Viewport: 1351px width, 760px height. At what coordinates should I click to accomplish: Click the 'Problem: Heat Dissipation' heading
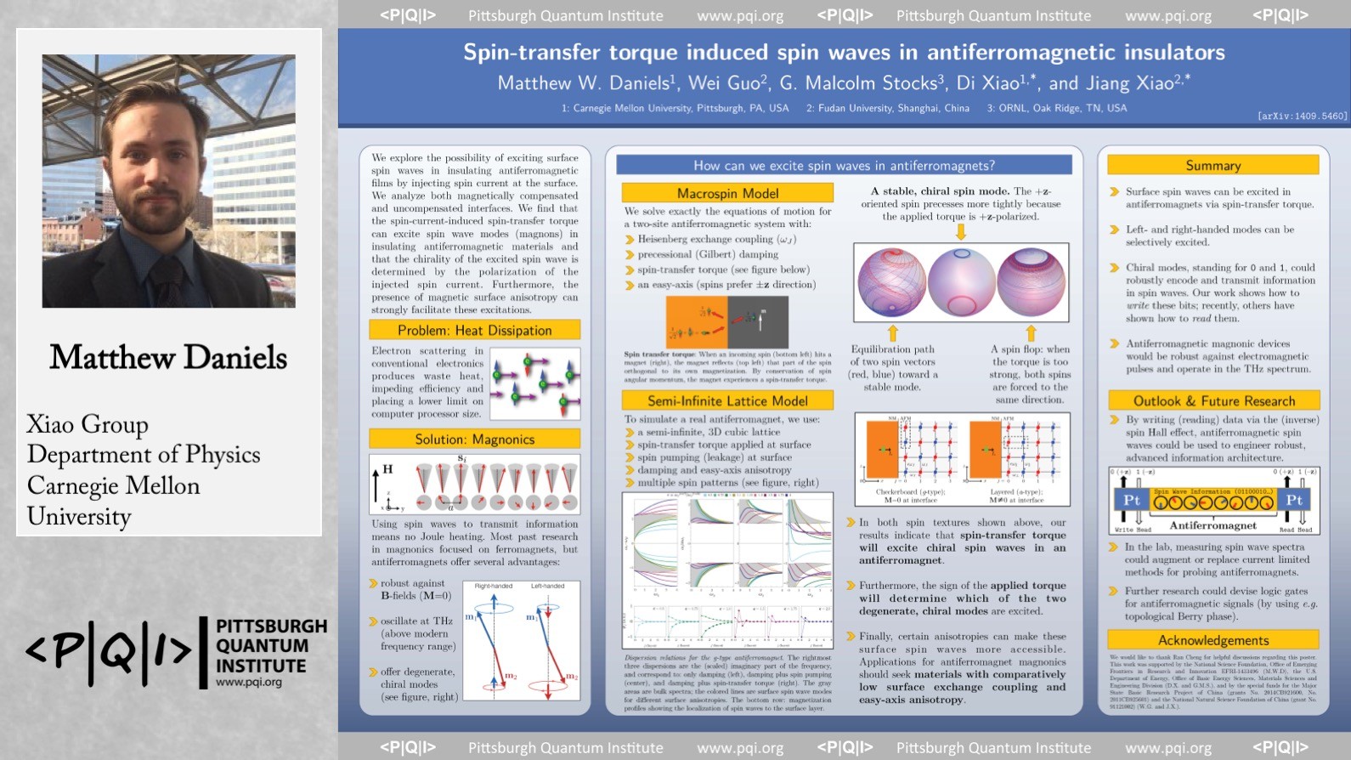pyautogui.click(x=474, y=330)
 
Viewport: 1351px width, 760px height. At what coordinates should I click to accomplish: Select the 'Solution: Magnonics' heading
pyautogui.click(x=474, y=439)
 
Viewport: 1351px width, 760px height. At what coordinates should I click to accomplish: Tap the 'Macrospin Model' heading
pyautogui.click(x=727, y=193)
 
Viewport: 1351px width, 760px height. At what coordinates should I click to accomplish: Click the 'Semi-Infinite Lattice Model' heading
pyautogui.click(x=727, y=400)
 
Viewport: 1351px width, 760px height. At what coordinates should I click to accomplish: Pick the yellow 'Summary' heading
pyautogui.click(x=1213, y=165)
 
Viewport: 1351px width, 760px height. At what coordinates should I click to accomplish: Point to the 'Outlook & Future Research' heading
pyautogui.click(x=1213, y=400)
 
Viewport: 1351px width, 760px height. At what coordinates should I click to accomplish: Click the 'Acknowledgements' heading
pyautogui.click(x=1213, y=640)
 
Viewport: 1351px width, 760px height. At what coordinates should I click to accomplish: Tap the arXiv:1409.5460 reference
pyautogui.click(x=1302, y=116)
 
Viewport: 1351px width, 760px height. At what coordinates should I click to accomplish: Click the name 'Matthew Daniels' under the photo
pyautogui.click(x=168, y=357)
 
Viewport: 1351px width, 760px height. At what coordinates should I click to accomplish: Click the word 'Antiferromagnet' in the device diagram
pyautogui.click(x=1213, y=525)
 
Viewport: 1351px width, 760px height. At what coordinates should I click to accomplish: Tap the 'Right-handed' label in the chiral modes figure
pyautogui.click(x=493, y=586)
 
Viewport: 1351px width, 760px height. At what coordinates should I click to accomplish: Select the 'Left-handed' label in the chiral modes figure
pyautogui.click(x=547, y=586)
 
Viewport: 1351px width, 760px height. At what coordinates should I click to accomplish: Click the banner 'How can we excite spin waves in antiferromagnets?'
pyautogui.click(x=843, y=165)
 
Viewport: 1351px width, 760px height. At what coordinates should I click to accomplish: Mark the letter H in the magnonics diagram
pyautogui.click(x=387, y=468)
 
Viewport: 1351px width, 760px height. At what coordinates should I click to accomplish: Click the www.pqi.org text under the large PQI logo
pyautogui.click(x=248, y=682)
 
